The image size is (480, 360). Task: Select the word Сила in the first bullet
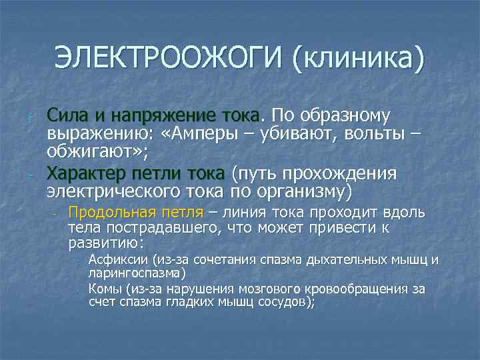tap(66, 116)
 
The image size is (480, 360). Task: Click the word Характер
tap(91, 174)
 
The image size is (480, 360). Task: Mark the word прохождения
tap(340, 174)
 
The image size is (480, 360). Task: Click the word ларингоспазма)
tap(137, 273)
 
